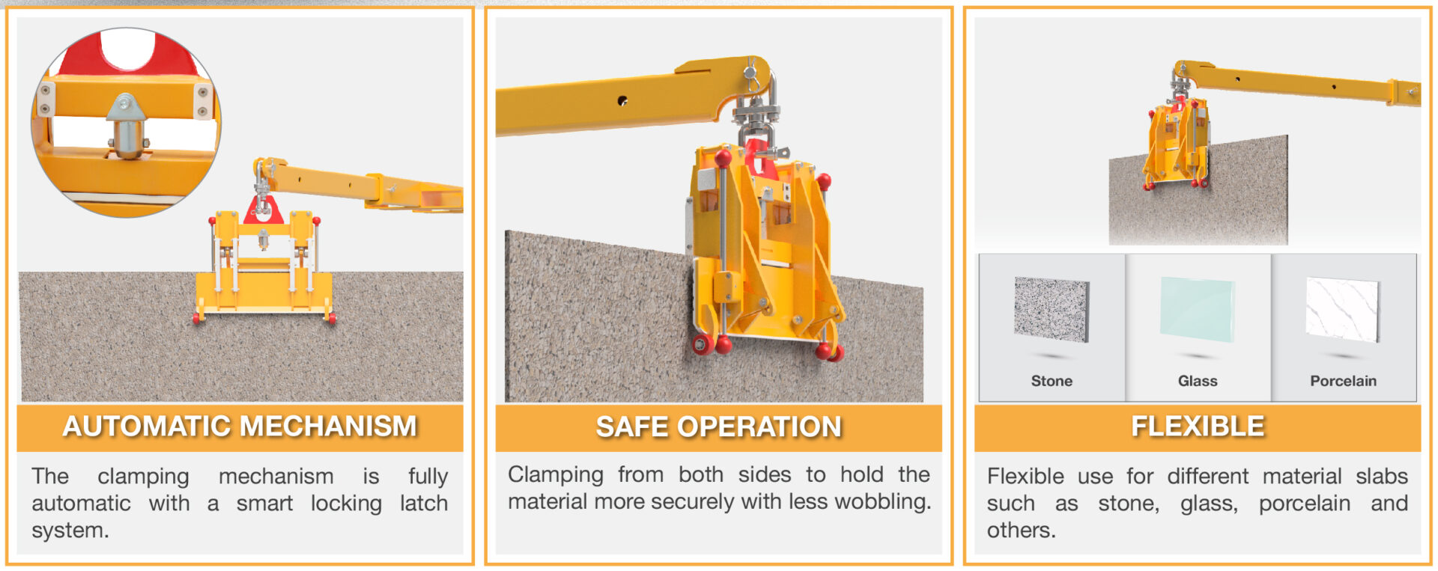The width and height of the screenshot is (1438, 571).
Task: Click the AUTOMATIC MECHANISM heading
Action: pyautogui.click(x=240, y=427)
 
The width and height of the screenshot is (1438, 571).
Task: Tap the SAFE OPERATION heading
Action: pyautogui.click(x=718, y=427)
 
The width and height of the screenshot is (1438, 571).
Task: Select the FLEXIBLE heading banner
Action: pyautogui.click(x=1197, y=427)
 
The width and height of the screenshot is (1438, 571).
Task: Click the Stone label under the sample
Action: pyautogui.click(x=1052, y=381)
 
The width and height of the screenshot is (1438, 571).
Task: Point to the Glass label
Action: pyautogui.click(x=1198, y=381)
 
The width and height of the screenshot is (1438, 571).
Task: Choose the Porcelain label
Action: pyautogui.click(x=1343, y=381)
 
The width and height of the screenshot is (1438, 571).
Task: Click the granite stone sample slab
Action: pyautogui.click(x=1052, y=309)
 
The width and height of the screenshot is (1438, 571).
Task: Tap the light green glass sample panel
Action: pyautogui.click(x=1197, y=308)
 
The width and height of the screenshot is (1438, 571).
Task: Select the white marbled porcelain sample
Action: pyautogui.click(x=1342, y=308)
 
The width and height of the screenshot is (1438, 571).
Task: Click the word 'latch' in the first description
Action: pyautogui.click(x=423, y=503)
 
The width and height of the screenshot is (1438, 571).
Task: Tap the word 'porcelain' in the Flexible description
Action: pyautogui.click(x=1304, y=503)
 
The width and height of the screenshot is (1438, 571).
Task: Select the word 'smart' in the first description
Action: pyautogui.click(x=264, y=503)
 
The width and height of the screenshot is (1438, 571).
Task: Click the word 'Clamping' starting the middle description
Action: pyautogui.click(x=555, y=474)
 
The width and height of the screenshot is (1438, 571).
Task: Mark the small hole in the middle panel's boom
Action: pyautogui.click(x=622, y=100)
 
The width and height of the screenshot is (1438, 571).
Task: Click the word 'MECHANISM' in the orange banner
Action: pyautogui.click(x=329, y=427)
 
